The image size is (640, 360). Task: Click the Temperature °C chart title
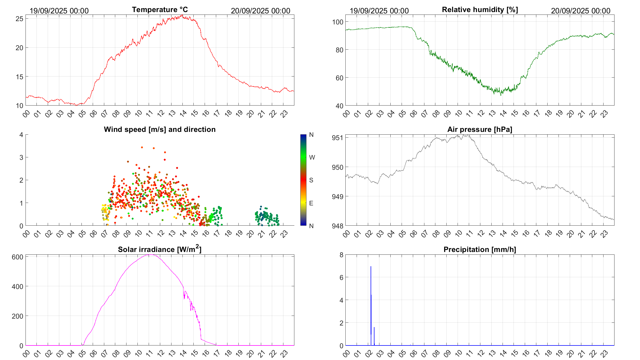160,10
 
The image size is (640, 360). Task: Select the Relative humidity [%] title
480,10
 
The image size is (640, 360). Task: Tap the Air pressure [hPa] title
480,129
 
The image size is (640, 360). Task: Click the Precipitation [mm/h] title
480,250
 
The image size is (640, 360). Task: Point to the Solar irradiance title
159,249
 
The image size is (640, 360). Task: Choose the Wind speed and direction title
160,129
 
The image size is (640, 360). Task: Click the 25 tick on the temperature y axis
19,19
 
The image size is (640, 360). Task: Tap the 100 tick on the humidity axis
337,22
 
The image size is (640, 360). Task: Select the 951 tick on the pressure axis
337,138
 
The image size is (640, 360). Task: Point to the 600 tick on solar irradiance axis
18,257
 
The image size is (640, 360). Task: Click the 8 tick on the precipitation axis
341,255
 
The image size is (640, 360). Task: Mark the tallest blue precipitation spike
371,267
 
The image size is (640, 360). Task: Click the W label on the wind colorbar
312,157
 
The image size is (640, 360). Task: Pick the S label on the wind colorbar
311,180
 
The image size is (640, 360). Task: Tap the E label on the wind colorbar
311,203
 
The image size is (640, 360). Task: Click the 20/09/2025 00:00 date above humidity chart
580,11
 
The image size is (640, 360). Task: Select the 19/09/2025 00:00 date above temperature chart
59,11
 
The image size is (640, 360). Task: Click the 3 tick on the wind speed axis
21,157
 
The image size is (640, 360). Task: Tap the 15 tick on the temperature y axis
19,77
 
